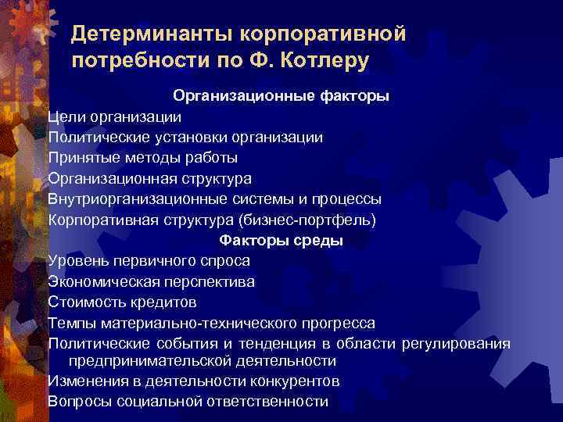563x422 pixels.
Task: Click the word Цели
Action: [x=66, y=117]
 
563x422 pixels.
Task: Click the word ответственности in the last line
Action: [x=267, y=402]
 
